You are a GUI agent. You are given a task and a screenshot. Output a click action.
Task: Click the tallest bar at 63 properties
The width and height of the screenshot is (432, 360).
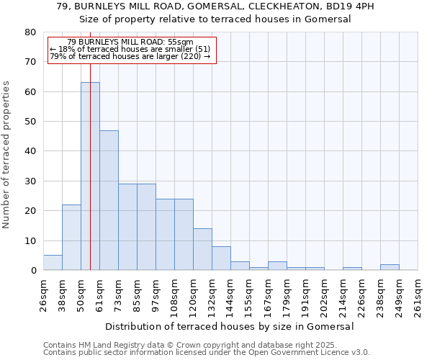click(x=90, y=176)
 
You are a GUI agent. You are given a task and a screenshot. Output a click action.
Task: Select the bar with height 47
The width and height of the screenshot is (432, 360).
click(x=109, y=200)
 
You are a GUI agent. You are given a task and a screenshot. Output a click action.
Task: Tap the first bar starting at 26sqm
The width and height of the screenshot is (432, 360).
click(x=53, y=263)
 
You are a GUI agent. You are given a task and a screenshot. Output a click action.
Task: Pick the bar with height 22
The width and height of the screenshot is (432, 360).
click(x=71, y=238)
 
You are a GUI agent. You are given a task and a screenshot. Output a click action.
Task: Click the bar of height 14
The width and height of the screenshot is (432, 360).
click(x=202, y=249)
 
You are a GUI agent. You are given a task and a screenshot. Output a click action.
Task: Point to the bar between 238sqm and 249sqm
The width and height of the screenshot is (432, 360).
click(x=390, y=267)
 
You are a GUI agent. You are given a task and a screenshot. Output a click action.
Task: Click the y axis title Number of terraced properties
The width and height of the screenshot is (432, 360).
click(x=6, y=154)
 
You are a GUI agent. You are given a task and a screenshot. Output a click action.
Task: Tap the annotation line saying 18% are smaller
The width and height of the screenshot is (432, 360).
click(x=130, y=49)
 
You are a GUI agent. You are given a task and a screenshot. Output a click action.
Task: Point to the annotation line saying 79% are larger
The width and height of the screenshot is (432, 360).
click(x=130, y=56)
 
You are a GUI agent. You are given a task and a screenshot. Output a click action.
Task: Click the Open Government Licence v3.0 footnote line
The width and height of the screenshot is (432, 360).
click(x=207, y=353)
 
